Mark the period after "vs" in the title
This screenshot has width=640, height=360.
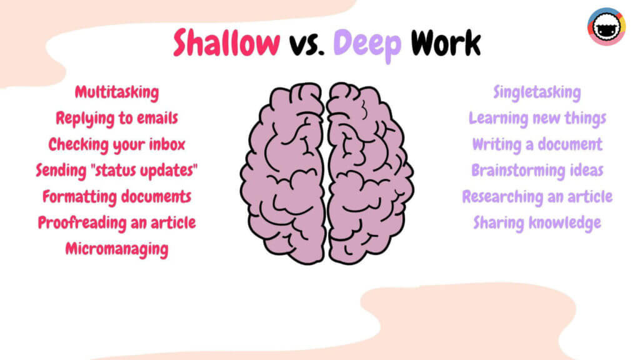click(321, 52)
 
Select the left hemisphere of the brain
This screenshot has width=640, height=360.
click(284, 173)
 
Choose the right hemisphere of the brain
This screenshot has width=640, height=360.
click(370, 173)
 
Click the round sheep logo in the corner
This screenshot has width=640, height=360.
click(606, 26)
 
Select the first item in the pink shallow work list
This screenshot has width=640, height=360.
click(117, 92)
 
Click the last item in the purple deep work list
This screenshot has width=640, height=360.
click(537, 223)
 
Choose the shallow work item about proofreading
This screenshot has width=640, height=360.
click(117, 223)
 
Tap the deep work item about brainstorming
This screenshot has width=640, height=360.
click(537, 171)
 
